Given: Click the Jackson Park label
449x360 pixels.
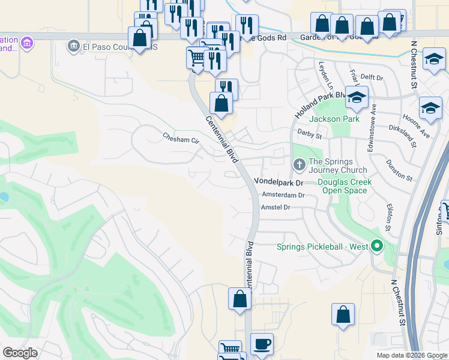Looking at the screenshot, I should coord(334,119).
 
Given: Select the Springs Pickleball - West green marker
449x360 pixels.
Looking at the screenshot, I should coord(376,247).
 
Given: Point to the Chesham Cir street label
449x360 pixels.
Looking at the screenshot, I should coord(181,139).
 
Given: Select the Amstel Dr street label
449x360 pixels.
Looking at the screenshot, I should coord(276,207).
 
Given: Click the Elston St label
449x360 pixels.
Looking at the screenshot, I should coord(388,217).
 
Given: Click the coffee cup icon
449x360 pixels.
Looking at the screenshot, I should coord(262,344).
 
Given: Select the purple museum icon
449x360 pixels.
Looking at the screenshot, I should coord(25,43).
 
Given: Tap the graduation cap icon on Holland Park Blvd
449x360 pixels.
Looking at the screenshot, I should coord(357,98).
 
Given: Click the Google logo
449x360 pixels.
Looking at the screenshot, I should coord(20,353).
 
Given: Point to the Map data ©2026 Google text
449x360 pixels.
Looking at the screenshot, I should coord(411,355).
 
